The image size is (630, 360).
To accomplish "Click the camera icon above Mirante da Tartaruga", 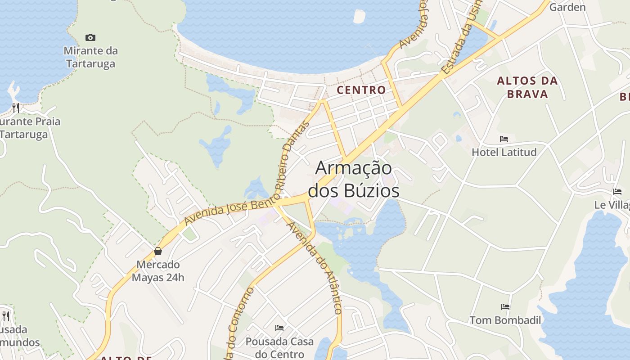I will [90, 38].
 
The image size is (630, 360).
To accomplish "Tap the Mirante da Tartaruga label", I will [90, 57].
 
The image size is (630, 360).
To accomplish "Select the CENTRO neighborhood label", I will [361, 90].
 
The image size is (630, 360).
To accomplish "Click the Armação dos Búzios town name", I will [353, 179].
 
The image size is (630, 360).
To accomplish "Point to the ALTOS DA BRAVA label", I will [527, 88].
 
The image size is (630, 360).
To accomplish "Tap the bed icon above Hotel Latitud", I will [504, 139].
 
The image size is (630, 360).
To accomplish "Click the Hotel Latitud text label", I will [504, 152].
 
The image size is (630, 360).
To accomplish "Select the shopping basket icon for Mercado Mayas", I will [158, 251].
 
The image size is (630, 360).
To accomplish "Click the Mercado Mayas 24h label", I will [158, 271].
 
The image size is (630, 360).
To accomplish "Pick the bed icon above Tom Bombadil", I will [505, 307].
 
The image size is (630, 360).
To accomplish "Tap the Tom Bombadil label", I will [505, 320].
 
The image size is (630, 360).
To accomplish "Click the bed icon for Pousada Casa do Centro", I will [279, 328].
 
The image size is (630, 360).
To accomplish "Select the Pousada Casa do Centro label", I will [279, 348].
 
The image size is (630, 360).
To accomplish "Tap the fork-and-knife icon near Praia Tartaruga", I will [16, 108].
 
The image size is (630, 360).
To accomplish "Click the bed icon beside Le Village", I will [617, 192].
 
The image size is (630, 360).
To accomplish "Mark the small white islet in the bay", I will [360, 16].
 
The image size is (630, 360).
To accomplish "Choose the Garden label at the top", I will [567, 7].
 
